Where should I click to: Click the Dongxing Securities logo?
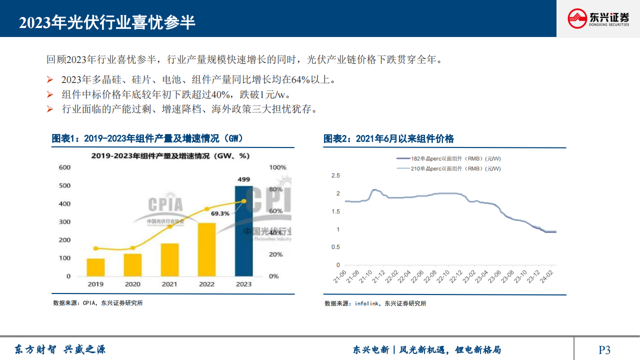pyautogui.click(x=598, y=19)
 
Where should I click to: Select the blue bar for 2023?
pyautogui.click(x=244, y=230)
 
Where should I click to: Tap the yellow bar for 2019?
pyautogui.click(x=95, y=267)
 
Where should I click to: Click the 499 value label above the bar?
pyautogui.click(x=244, y=179)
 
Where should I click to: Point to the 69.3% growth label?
pyautogui.click(x=220, y=213)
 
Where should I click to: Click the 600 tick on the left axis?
pyautogui.click(x=65, y=167)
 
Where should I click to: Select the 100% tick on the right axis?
pyautogui.click(x=277, y=167)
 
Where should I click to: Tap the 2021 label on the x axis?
pyautogui.click(x=169, y=284)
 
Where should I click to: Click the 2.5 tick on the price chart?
pyautogui.click(x=335, y=175)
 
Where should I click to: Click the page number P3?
pyautogui.click(x=604, y=349)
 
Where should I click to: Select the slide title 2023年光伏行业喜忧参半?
pyautogui.click(x=107, y=22)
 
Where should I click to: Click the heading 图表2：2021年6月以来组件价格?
pyautogui.click(x=388, y=139)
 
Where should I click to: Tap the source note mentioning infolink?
pyautogui.click(x=375, y=303)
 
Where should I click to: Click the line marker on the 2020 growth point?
pyautogui.click(x=132, y=248)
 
